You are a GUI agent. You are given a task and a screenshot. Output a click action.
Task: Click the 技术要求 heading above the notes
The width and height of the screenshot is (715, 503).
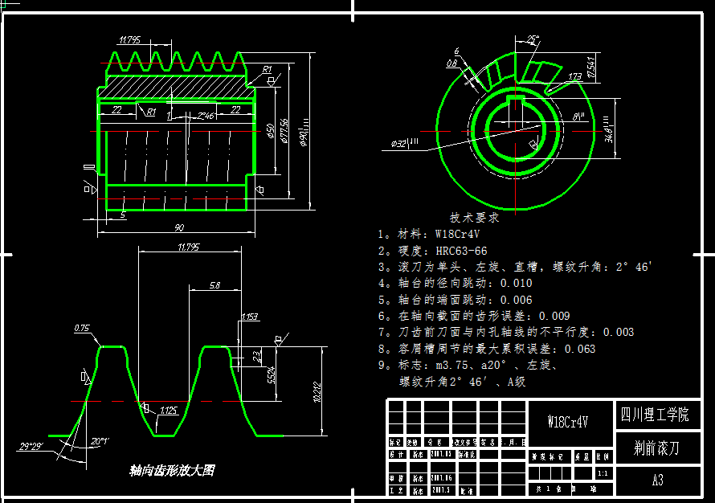[x=474, y=217]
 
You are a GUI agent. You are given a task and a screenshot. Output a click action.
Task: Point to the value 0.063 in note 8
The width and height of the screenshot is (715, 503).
[x=580, y=349]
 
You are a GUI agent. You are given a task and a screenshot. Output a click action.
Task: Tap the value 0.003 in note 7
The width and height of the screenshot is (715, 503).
[x=618, y=332]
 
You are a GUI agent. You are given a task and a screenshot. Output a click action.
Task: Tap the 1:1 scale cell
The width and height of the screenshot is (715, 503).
[x=602, y=472]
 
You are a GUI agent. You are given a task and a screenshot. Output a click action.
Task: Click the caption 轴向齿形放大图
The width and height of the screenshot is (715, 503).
[x=171, y=471]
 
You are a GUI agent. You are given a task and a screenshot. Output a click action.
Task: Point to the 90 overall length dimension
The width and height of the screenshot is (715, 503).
[x=178, y=228]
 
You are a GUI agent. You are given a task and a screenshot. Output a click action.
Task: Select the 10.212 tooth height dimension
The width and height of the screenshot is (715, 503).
[x=317, y=391]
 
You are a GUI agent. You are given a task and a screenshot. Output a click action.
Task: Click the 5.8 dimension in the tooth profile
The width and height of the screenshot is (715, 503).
[x=214, y=285]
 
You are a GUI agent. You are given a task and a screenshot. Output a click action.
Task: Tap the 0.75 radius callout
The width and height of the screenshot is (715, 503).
[x=81, y=329]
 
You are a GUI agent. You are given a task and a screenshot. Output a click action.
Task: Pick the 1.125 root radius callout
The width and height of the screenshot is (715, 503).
[x=168, y=411]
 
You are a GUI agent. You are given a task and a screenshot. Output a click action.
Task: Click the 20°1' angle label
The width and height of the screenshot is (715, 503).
[x=100, y=441]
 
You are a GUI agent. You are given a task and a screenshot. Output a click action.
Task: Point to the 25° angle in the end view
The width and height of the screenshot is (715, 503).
[x=532, y=39]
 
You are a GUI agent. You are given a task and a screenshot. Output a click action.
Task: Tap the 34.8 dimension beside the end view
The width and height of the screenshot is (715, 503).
[x=609, y=128]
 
